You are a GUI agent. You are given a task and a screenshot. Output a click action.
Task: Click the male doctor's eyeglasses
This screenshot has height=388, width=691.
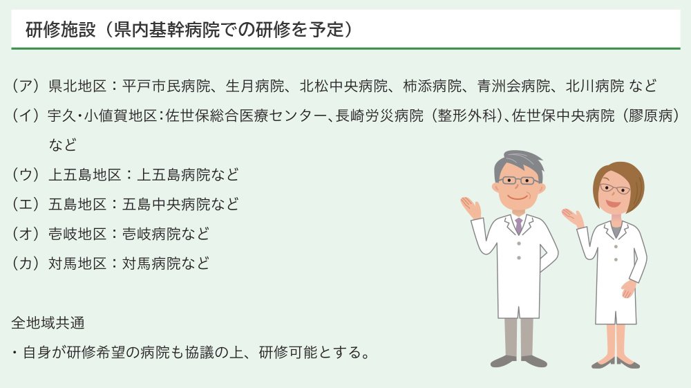[519, 181]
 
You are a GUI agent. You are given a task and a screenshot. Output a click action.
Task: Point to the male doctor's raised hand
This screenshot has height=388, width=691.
[471, 206]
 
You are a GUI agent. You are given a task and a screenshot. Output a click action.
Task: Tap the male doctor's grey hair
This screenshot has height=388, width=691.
[518, 160]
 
